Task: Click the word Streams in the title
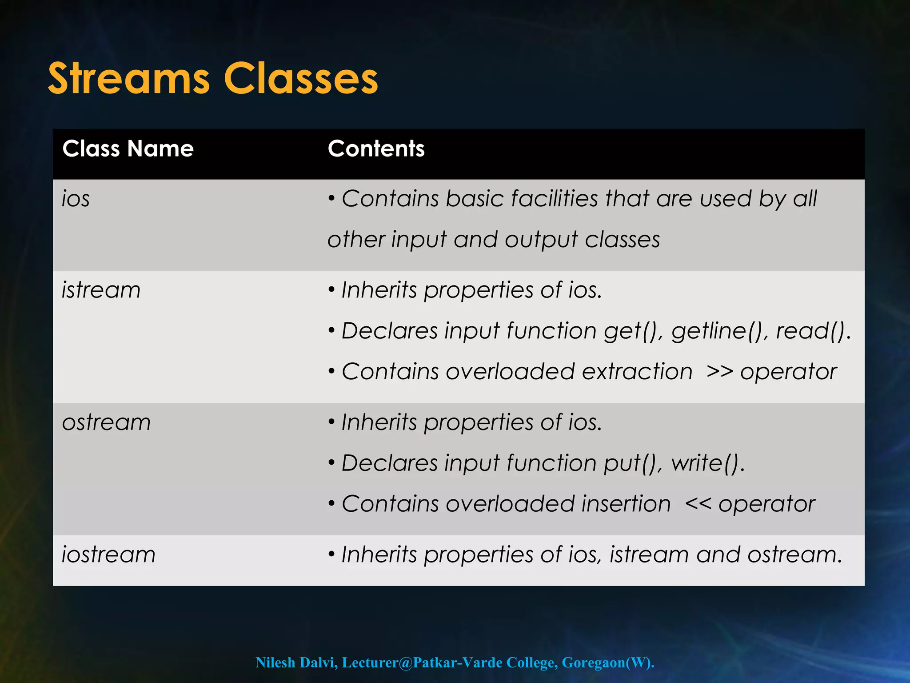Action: click(128, 79)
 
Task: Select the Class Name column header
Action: click(128, 149)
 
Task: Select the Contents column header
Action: click(376, 149)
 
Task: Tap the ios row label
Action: click(76, 198)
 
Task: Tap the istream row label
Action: click(101, 290)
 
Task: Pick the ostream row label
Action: click(107, 422)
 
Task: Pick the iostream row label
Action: click(109, 554)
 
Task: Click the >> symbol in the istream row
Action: click(719, 372)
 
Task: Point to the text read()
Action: click(813, 331)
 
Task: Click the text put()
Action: click(633, 463)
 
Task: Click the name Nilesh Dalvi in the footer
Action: click(295, 663)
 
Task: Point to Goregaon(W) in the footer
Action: click(607, 663)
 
